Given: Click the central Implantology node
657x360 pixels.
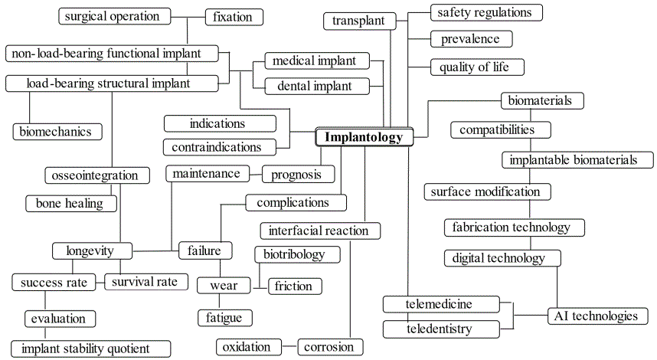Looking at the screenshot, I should pos(364,137).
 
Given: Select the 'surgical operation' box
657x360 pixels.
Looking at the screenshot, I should pos(111,16).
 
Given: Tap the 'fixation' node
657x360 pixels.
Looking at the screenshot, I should pos(234,16).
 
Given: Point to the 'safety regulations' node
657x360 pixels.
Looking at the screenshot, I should pos(485,12).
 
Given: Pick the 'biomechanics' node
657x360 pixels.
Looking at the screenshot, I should pos(57,131).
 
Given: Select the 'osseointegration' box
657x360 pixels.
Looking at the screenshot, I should pos(96,175).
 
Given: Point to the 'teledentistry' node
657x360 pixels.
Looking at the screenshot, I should pos(439,329).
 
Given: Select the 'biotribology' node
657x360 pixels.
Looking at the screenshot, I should pos(293,254).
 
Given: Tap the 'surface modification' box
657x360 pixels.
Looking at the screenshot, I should pos(485,191).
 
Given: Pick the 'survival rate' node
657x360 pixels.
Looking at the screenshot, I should pos(145,282).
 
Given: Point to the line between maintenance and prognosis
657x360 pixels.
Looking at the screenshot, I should pos(256,174).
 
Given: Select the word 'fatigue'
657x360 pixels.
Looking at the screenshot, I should pos(224,316).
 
